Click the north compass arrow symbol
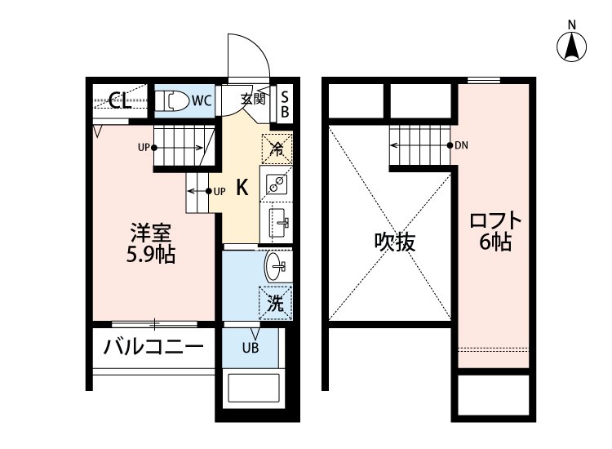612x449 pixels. click(x=571, y=47)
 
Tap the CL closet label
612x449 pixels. click(x=120, y=100)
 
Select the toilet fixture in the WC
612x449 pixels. click(x=171, y=101)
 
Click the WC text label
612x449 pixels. click(x=202, y=100)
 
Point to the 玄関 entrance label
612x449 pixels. click(x=253, y=100)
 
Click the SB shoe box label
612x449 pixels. click(x=285, y=104)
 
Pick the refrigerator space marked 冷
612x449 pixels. click(x=277, y=149)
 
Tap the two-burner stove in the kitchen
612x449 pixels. click(x=277, y=183)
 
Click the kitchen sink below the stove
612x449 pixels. click(x=277, y=223)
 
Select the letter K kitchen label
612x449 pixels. click(x=242, y=188)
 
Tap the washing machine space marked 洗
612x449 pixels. click(x=276, y=303)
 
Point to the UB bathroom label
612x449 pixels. click(x=251, y=348)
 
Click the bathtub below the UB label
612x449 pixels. click(x=254, y=388)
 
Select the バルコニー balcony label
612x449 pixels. click(x=153, y=346)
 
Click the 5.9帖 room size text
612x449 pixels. click(x=151, y=255)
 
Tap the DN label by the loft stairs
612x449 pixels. click(x=461, y=145)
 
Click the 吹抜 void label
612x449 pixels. click(x=395, y=242)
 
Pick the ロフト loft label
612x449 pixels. click(x=495, y=220)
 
